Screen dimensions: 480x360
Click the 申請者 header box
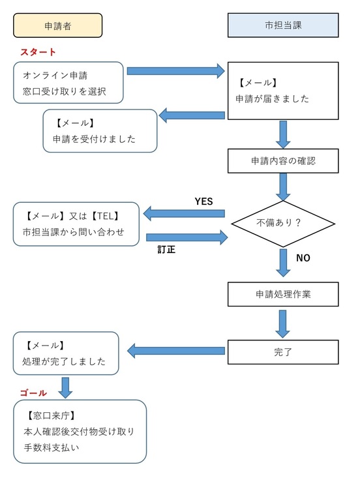[58, 25]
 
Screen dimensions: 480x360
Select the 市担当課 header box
[282, 25]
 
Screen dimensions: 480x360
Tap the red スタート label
[38, 52]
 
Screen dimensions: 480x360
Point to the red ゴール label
[33, 393]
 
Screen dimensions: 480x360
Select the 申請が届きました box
[282, 91]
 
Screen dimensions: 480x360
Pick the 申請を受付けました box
[100, 130]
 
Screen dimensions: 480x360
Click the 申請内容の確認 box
[282, 160]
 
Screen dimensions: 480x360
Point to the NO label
[303, 258]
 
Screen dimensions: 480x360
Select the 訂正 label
[166, 248]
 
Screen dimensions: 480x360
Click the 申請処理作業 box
[282, 294]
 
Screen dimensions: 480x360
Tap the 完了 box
[282, 352]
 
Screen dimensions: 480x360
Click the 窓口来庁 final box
[80, 431]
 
